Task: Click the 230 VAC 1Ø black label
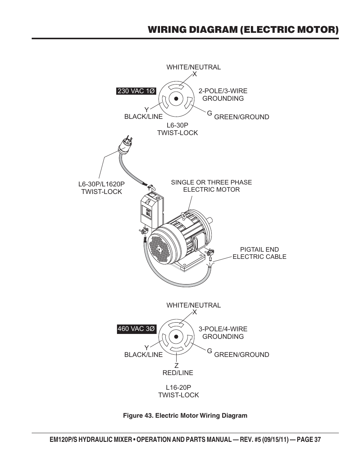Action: tap(136, 91)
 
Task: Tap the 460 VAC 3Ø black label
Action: tap(136, 329)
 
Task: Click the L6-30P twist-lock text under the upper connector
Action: tap(177, 129)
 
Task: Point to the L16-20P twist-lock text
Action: tap(178, 391)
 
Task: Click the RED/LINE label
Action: tap(178, 373)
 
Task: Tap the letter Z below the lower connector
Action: tap(176, 365)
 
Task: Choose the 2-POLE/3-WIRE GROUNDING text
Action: tap(223, 95)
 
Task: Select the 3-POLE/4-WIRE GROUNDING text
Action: tap(223, 333)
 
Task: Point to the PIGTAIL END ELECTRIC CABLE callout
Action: tap(259, 253)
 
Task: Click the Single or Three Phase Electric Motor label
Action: tap(211, 186)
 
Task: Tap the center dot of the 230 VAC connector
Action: tap(176, 98)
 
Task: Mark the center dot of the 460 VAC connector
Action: tap(176, 337)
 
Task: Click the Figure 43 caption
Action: tap(185, 415)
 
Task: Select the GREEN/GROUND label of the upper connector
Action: tap(242, 117)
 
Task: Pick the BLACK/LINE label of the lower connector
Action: tap(143, 355)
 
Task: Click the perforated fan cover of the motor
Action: tap(160, 247)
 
